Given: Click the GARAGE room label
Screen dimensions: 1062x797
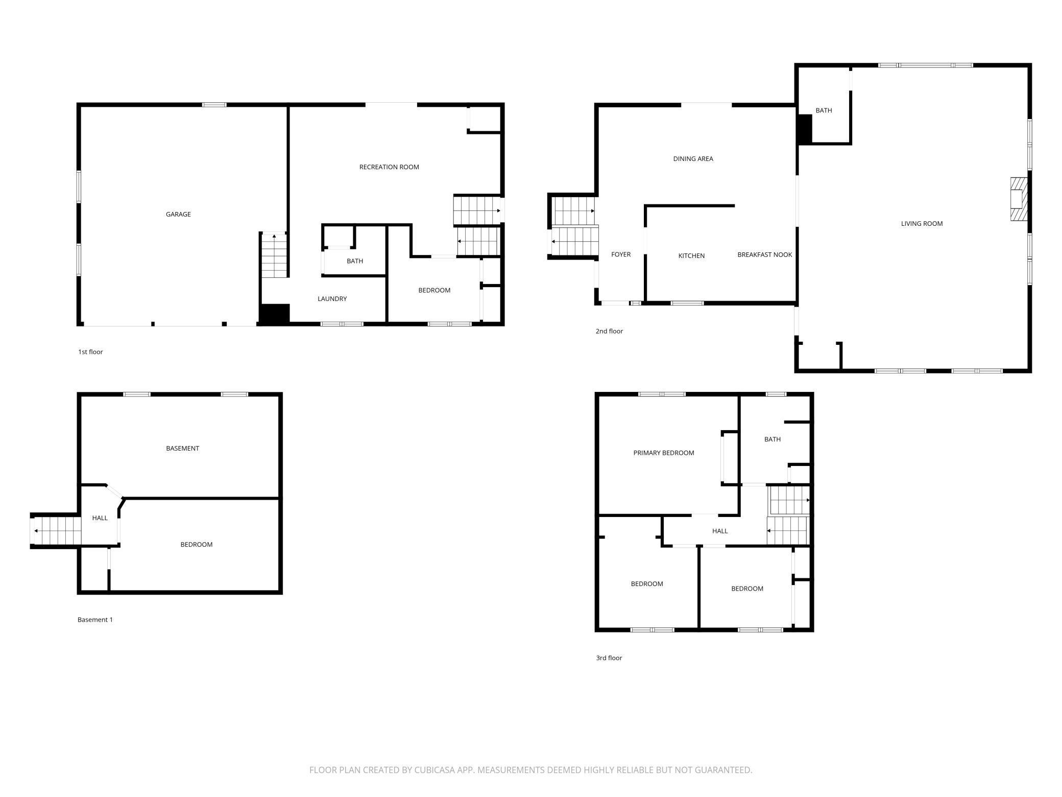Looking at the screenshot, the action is pos(178,215).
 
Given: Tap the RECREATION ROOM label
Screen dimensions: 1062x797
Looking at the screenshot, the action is pos(389,167).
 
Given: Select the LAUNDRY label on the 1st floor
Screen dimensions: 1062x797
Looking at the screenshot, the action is pos(332,299).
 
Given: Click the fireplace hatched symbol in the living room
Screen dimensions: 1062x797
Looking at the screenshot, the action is pos(1018,199).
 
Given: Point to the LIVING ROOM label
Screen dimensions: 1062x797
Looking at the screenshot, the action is pos(922,224).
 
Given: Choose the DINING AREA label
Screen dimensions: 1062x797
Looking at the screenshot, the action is pos(693,159).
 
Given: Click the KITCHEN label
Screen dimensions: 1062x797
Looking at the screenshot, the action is pos(691,256).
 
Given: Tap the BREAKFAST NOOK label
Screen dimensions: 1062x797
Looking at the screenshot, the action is pos(764,255).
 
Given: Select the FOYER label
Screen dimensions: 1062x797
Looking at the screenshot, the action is pos(621,254).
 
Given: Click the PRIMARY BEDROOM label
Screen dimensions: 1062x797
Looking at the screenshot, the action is pos(663,453).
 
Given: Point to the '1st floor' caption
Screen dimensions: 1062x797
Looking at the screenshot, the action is pos(90,352).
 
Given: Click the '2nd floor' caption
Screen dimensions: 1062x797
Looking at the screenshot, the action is pos(609,331).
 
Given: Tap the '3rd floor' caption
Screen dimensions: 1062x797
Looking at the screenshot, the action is pos(609,658).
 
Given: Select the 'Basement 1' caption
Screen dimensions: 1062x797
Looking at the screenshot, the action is pos(95,620).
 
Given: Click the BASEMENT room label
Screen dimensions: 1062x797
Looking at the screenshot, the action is pos(182,449).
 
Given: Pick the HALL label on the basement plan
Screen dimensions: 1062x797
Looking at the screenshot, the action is pos(100,518).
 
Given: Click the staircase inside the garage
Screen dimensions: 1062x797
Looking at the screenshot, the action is pos(274,255).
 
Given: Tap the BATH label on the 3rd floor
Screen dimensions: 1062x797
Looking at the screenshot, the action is pos(772,439).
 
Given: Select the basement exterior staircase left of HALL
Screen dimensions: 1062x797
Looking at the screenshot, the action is pos(56,531).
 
